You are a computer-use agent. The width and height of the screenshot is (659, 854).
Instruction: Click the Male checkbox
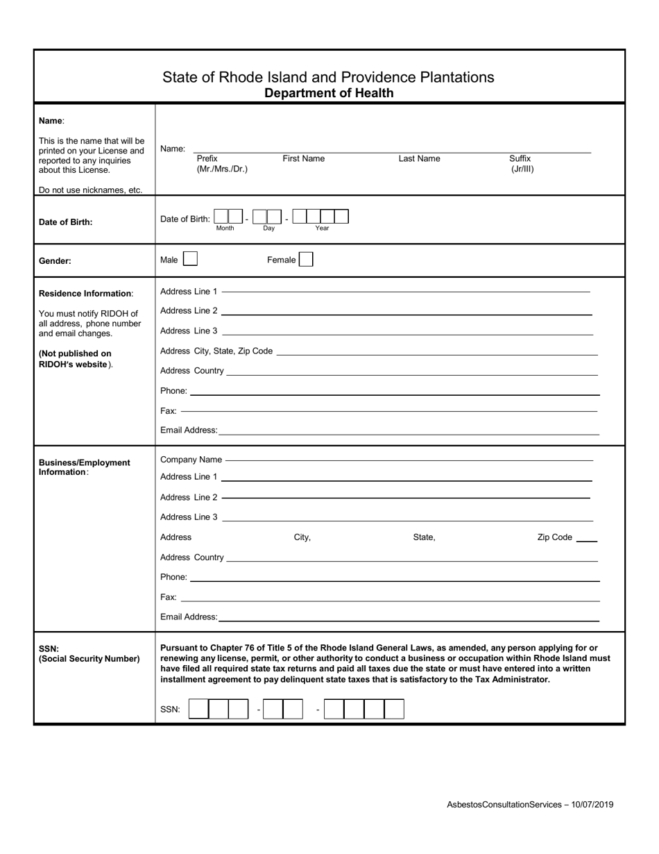click(x=189, y=260)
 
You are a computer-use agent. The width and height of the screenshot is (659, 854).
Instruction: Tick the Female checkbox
click(x=306, y=260)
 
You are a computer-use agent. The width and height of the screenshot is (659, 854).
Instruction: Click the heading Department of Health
click(x=329, y=93)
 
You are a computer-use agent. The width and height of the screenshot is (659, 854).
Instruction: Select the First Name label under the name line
click(x=303, y=158)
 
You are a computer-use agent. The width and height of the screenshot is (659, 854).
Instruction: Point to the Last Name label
click(x=419, y=158)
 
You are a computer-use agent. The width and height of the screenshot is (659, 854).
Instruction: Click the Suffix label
click(x=520, y=158)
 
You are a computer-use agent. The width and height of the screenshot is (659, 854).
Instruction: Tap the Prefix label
click(x=207, y=158)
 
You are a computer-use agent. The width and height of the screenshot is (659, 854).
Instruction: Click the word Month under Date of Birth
click(x=225, y=228)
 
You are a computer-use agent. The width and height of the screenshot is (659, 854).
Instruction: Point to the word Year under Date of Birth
click(x=322, y=228)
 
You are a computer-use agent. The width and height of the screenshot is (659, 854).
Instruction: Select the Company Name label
click(x=191, y=460)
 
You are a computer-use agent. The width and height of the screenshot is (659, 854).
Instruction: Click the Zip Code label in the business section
click(x=555, y=537)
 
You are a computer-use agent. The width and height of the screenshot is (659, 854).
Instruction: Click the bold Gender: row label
click(x=55, y=262)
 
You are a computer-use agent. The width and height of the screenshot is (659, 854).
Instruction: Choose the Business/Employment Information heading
click(x=84, y=467)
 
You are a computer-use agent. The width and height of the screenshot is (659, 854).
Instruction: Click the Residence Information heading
click(x=85, y=294)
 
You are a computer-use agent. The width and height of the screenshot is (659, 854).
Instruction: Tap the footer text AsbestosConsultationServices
click(x=504, y=805)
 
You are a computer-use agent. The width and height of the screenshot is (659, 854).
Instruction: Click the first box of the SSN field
click(x=198, y=709)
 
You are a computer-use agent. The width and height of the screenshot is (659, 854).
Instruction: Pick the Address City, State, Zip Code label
click(x=216, y=351)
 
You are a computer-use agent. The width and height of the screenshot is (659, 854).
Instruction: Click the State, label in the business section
click(x=424, y=537)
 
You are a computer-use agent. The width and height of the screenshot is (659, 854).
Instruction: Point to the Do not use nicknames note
click(x=90, y=190)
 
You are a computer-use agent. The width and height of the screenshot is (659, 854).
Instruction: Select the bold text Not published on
click(x=76, y=353)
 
